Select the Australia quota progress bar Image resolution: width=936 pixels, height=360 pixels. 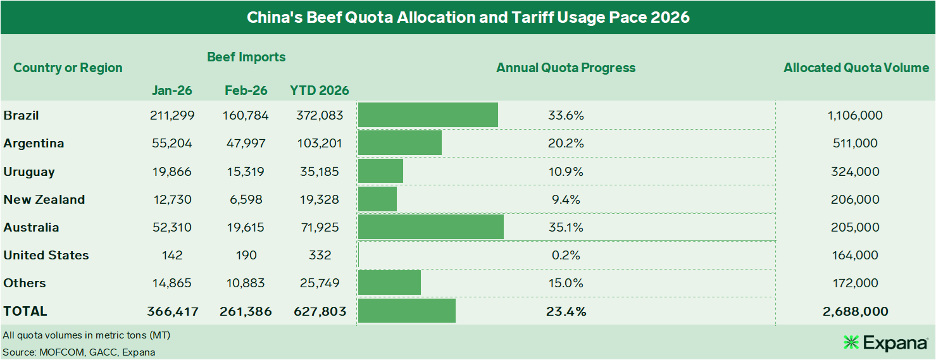click(x=430, y=227)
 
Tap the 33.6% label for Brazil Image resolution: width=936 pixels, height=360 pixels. click(x=566, y=116)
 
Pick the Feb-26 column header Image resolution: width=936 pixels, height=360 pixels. click(x=246, y=90)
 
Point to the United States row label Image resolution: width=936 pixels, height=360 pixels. click(x=46, y=255)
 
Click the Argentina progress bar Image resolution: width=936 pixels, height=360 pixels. click(x=399, y=144)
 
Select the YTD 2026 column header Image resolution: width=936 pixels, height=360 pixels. click(x=320, y=90)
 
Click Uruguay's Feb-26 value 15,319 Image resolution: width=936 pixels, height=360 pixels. click(x=246, y=171)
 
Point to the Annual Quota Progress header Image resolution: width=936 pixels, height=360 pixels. click(x=566, y=68)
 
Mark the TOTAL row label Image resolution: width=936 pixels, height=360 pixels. click(x=25, y=311)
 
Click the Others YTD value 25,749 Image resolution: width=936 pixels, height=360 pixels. click(x=320, y=283)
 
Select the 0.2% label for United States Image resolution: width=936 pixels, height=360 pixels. click(x=566, y=255)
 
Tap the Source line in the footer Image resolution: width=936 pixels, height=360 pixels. click(x=79, y=352)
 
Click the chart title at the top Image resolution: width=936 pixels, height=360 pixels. click(x=468, y=17)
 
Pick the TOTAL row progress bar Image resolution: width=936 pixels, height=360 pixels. click(x=406, y=311)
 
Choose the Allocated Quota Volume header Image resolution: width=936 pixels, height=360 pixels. click(x=856, y=68)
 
